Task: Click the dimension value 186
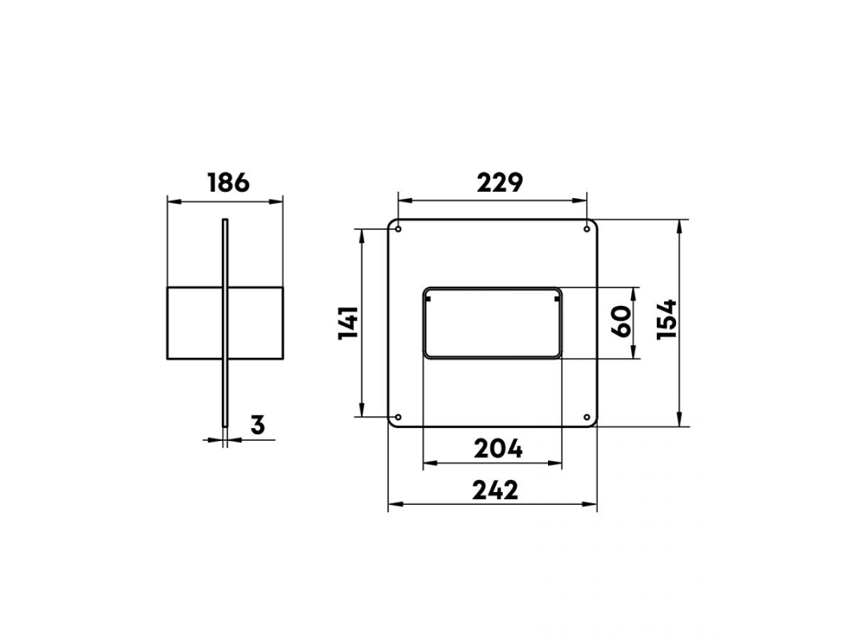(x=228, y=182)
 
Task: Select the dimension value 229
(x=500, y=182)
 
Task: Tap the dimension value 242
(x=495, y=490)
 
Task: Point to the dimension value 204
(x=498, y=449)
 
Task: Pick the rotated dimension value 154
(x=666, y=319)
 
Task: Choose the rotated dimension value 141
(x=348, y=323)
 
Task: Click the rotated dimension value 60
(x=621, y=322)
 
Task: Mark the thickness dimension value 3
(x=257, y=425)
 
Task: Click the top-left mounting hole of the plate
(x=398, y=229)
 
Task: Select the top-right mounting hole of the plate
(x=587, y=229)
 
